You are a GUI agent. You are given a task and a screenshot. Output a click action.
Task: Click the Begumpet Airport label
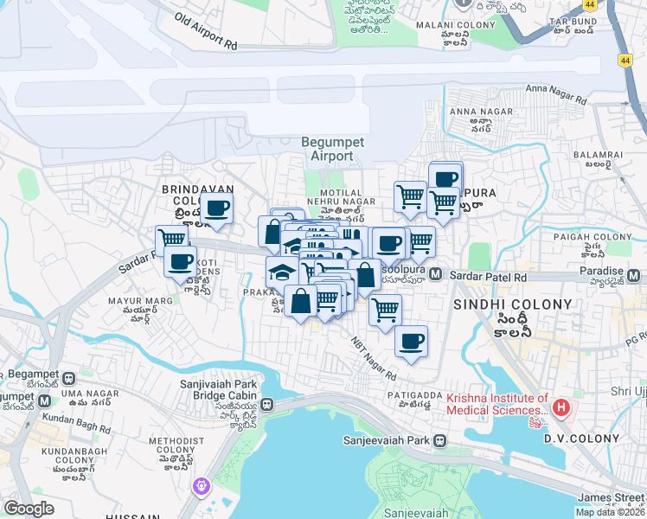click(x=327, y=149)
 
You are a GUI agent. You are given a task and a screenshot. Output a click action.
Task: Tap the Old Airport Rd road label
click(x=205, y=29)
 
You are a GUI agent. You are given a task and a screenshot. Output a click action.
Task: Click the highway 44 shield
click(x=625, y=60)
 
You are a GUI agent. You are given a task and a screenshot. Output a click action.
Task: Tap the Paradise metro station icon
click(x=636, y=277)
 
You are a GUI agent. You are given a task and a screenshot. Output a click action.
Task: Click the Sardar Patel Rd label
click(x=489, y=277)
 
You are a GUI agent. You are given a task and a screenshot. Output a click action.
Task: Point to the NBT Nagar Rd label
click(x=373, y=357)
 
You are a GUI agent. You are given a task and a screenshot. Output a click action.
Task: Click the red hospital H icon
click(x=561, y=407)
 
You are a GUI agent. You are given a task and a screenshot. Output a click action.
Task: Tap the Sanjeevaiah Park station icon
click(x=440, y=440)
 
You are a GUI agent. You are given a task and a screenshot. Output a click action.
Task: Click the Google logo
click(x=29, y=509)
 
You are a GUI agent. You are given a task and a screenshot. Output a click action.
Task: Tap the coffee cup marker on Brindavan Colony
click(x=217, y=208)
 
